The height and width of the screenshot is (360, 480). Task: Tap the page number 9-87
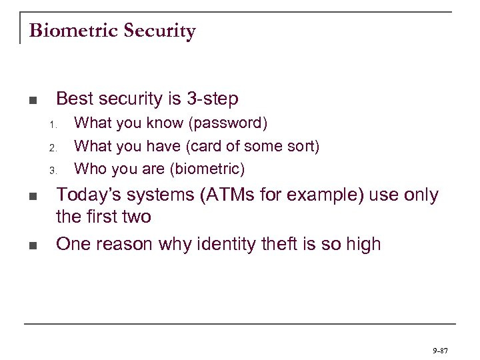point(440,349)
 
